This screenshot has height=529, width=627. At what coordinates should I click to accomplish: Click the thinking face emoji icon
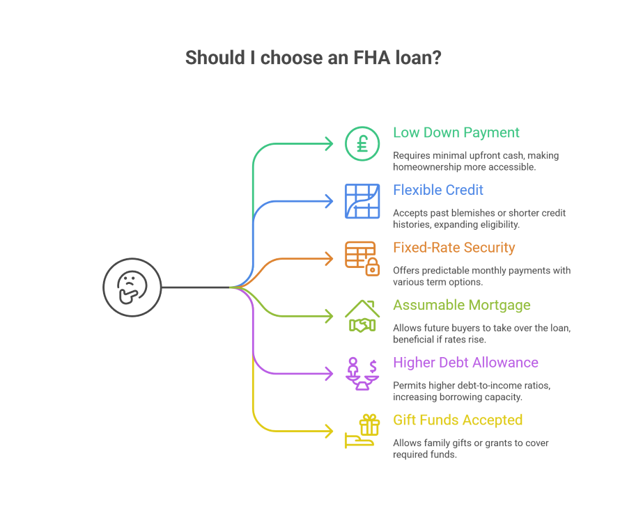click(132, 287)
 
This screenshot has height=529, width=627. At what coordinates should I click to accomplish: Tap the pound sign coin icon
click(362, 143)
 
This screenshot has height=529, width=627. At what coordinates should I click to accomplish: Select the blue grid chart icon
click(362, 201)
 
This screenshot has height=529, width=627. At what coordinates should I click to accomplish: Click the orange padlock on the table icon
click(373, 266)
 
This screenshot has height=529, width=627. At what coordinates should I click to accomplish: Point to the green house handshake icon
click(362, 317)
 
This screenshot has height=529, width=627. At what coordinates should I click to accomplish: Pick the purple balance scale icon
click(362, 374)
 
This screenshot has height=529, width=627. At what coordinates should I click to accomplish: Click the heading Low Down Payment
click(456, 132)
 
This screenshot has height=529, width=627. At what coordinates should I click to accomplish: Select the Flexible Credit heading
click(438, 190)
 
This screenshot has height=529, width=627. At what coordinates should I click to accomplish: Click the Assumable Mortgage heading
click(462, 305)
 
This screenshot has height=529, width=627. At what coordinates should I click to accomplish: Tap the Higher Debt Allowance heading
click(465, 362)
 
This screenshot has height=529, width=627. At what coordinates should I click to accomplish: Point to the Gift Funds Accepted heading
click(458, 420)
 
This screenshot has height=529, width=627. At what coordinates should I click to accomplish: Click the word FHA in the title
click(350, 58)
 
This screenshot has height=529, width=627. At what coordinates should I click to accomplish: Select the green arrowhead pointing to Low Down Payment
click(330, 144)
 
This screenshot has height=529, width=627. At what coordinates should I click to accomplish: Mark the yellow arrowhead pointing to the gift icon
click(330, 432)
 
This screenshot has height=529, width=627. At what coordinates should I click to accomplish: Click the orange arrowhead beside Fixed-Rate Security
click(330, 259)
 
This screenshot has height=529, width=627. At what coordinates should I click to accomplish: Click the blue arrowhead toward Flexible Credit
click(330, 201)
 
